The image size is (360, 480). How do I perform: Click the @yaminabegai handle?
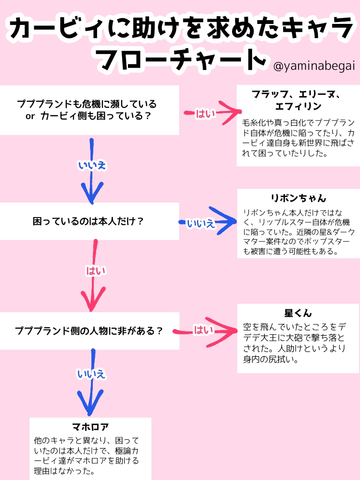coord(314,66)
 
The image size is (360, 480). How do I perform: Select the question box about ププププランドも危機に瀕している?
coord(89,110)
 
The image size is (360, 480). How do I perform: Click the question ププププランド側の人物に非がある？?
coord(89,331)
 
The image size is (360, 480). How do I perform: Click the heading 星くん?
coord(298,313)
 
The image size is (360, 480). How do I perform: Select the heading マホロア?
coord(90,427)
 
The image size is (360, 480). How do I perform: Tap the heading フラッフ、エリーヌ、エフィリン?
coord(298,100)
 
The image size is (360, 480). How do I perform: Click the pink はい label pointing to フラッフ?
coord(203,113)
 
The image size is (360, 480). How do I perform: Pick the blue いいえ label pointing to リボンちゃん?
coord(201,223)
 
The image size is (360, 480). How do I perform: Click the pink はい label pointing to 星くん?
coord(203,330)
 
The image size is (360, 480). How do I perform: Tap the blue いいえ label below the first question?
coord(92,165)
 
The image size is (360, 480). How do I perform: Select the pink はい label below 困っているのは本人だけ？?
coord(96,270)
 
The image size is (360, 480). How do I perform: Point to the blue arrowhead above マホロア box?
coord(90,404)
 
